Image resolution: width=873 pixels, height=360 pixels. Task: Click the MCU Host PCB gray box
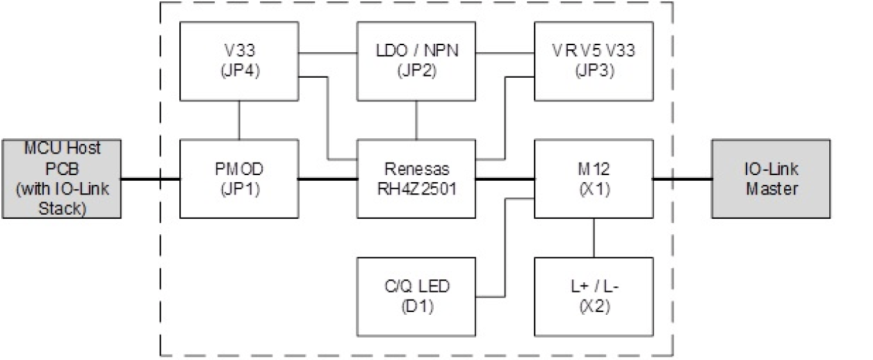[x=61, y=179]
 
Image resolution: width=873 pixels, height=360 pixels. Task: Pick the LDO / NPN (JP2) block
[x=416, y=61]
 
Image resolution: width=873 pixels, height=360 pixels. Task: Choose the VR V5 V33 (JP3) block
[x=593, y=61]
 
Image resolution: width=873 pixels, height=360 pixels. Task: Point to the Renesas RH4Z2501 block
[x=416, y=179]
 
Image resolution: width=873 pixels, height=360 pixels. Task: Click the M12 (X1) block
[x=593, y=179]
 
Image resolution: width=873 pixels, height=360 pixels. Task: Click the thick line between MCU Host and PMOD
[x=150, y=179]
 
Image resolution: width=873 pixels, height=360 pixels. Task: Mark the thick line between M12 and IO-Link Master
[x=682, y=179]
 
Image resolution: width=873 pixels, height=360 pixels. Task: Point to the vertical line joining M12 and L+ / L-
[x=593, y=238]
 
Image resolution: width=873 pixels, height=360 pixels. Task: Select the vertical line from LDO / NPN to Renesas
[x=416, y=120]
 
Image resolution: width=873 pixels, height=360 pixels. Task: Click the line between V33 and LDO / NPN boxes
[x=328, y=52]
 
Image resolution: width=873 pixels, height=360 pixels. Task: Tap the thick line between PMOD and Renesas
[x=328, y=179]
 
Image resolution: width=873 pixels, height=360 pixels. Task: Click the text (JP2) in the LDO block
[x=416, y=70]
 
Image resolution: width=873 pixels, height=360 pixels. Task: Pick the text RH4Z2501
[x=416, y=188]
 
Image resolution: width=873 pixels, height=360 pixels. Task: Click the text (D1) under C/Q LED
[x=416, y=306]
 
